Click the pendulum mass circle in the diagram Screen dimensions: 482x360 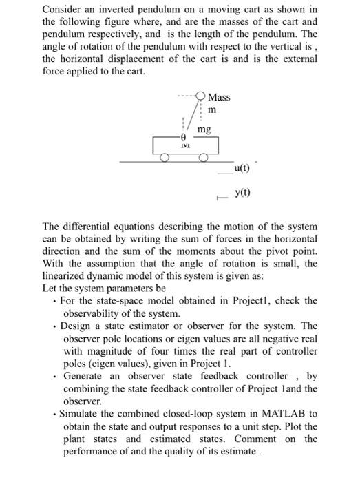tap(200, 96)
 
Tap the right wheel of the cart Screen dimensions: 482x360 tap(204, 158)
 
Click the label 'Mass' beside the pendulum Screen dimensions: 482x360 tap(220, 97)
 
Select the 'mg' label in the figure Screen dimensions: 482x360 tap(204, 129)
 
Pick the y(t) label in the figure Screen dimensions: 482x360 tap(242, 192)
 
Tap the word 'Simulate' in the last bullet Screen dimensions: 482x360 tap(81, 413)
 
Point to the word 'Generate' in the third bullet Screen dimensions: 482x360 tap(85, 376)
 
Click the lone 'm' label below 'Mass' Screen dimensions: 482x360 tap(212, 110)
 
